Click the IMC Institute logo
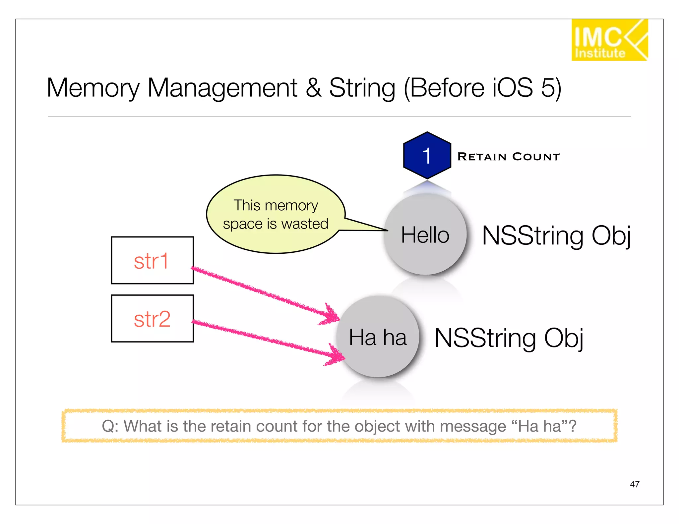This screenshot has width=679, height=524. point(609,40)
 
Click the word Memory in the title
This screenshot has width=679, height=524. point(93,88)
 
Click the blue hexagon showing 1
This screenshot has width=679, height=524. point(427,156)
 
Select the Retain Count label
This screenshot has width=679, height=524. point(508,157)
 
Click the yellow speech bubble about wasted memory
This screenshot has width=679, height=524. point(275,214)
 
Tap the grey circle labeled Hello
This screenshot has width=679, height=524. point(425,235)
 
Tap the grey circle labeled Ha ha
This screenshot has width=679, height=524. point(378,337)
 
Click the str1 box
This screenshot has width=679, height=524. point(152,261)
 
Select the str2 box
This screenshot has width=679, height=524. point(152,319)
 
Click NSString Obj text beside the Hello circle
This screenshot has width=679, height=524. point(556,236)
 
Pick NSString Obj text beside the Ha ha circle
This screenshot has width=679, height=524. point(509,338)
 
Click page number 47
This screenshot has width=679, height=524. point(634,484)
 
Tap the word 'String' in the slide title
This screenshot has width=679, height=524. point(362,88)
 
